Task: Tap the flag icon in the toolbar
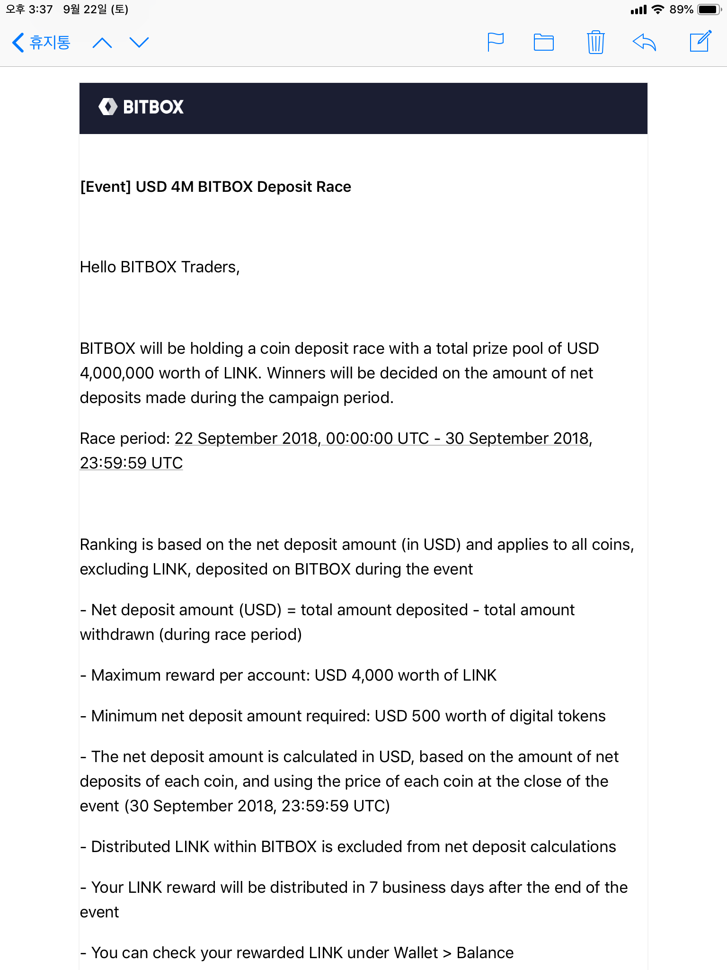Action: point(495,43)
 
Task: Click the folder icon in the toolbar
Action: point(543,43)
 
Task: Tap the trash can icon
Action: point(595,43)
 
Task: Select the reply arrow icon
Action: point(644,43)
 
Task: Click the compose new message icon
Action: point(700,42)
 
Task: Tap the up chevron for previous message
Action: point(102,43)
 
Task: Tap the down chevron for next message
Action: point(139,43)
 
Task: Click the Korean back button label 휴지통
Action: point(49,43)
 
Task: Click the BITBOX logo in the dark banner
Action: point(141,107)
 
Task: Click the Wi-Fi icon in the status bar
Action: point(657,9)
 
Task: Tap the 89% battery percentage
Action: point(681,9)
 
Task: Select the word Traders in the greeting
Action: point(210,267)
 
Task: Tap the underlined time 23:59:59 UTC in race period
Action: point(131,463)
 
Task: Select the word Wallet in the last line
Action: point(416,953)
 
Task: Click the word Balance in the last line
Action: point(485,953)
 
